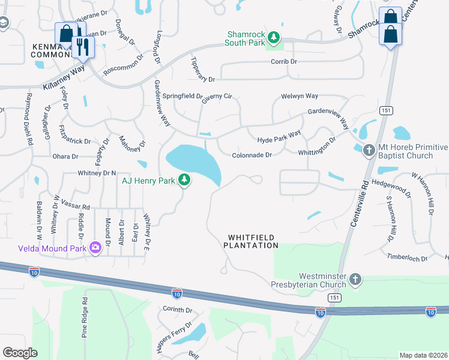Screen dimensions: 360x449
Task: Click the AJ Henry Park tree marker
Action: pyautogui.click(x=185, y=180)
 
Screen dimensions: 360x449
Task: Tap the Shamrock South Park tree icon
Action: pyautogui.click(x=274, y=38)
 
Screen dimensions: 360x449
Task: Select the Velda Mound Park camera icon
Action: pyautogui.click(x=95, y=248)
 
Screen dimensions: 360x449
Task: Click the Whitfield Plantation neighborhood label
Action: pyautogui.click(x=251, y=241)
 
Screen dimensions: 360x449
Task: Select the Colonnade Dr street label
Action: pyautogui.click(x=252, y=155)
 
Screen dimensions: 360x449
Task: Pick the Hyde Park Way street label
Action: pyautogui.click(x=279, y=137)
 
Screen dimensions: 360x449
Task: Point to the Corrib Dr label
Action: pyautogui.click(x=284, y=62)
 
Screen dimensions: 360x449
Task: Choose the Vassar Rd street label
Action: pyautogui.click(x=74, y=204)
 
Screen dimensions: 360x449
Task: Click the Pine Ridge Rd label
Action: pyautogui.click(x=85, y=318)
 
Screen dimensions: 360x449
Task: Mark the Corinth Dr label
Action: pyautogui.click(x=177, y=310)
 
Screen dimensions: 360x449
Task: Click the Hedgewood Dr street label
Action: pyautogui.click(x=391, y=187)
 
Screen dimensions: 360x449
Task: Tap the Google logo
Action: pyautogui.click(x=20, y=353)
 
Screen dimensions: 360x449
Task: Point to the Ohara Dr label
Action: pyautogui.click(x=65, y=157)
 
